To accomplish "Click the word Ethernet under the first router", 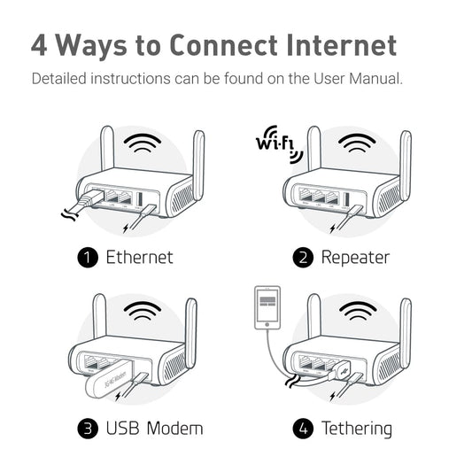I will (x=139, y=258).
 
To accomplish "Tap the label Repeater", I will (x=355, y=258).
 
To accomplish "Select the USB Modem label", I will (x=154, y=429).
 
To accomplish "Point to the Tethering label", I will (x=357, y=429).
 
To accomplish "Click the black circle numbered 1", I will (x=87, y=258).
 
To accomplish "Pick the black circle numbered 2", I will (x=304, y=258).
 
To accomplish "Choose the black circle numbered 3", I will (x=87, y=429).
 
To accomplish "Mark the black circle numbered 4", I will (x=304, y=429).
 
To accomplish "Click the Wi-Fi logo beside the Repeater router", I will (x=279, y=145).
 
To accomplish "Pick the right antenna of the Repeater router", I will (x=405, y=152).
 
